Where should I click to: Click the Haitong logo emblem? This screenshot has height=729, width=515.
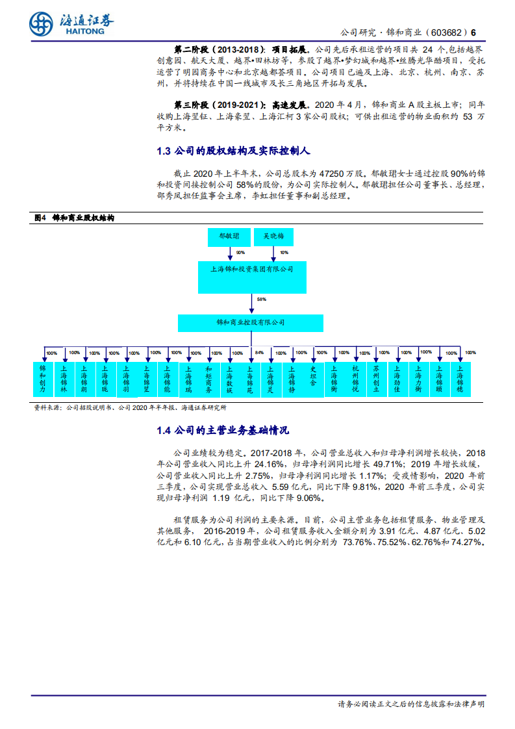click(41, 24)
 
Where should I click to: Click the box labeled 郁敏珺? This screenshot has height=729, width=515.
click(228, 237)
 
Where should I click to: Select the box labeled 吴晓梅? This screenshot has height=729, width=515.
click(273, 237)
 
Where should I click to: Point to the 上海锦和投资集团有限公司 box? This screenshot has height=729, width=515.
click(252, 269)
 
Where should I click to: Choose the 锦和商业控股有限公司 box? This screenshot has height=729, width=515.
click(250, 322)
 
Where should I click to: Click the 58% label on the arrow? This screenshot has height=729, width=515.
click(261, 300)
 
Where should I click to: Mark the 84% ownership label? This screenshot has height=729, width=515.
click(259, 353)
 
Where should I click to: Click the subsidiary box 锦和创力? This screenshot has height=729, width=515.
click(43, 379)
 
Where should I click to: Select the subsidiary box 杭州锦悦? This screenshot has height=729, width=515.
click(355, 379)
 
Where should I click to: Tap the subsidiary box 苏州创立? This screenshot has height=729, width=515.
click(375, 379)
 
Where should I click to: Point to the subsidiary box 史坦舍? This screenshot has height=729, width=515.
click(313, 379)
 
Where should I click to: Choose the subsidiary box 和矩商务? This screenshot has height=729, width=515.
click(208, 379)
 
